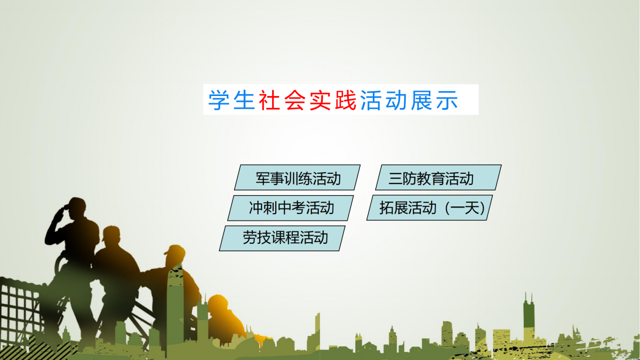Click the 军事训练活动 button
click(x=297, y=178)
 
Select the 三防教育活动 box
click(x=438, y=178)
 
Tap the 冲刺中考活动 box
click(x=291, y=208)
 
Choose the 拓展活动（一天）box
click(x=430, y=207)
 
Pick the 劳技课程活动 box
click(x=282, y=238)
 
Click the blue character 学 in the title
click(x=219, y=100)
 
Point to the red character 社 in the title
click(x=269, y=100)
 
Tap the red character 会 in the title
click(x=295, y=100)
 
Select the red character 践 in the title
click(x=346, y=100)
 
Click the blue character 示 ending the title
click(x=447, y=100)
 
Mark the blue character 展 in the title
click(x=421, y=100)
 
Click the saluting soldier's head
click(x=77, y=207)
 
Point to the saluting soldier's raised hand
click(x=63, y=211)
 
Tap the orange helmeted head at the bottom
click(x=218, y=305)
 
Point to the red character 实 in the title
click(x=320, y=100)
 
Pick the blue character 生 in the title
click(x=244, y=100)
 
